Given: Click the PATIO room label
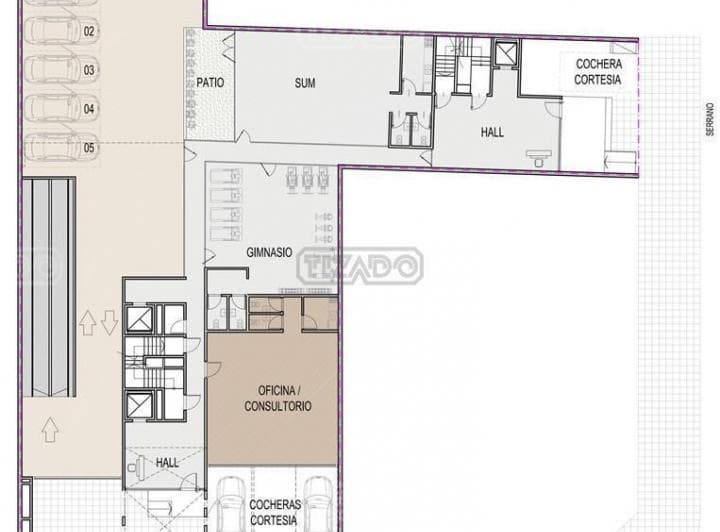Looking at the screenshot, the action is pos(210,83).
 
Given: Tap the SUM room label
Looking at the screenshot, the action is pos(305,83).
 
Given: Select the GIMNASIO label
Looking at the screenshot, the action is pos(269,252).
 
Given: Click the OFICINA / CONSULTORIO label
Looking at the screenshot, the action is pos(278,398).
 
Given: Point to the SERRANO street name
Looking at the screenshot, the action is pos(710,119).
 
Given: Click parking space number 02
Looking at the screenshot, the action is pos(89,31).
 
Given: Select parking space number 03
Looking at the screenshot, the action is pos(89,70).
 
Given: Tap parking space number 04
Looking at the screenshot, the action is pos(89,109).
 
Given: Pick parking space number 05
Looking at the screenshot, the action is pos(89,148).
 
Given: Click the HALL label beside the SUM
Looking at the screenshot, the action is pos(492,132).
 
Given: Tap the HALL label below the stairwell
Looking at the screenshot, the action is pos(167,462).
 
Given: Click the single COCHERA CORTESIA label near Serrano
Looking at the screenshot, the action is pos(598,72).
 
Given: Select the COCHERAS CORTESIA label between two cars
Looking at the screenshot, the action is pos(276,512).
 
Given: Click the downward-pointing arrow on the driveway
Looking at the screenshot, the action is pos(109,322).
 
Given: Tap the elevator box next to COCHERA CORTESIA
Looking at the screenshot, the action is pos(506,53).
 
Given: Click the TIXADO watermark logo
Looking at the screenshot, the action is pos(360,266).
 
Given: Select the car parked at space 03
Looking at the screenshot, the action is pos(54,69).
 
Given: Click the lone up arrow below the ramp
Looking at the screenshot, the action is pos(50,430).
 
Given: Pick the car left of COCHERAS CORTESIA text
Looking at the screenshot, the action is pos(231,504).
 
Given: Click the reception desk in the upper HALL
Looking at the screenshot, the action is pos(540,157).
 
